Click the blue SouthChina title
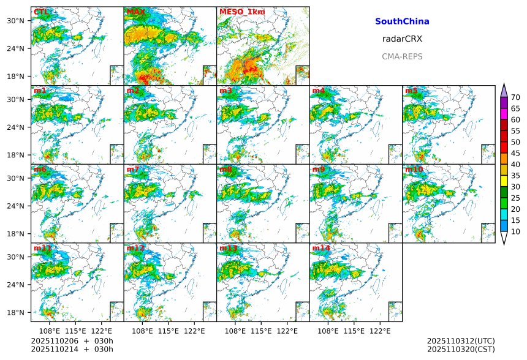click(402, 21)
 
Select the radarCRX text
click(402, 39)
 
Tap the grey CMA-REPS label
click(402, 56)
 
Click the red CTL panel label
click(41, 12)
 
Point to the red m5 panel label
click(411, 91)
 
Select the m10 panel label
click(414, 170)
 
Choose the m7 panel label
click(133, 170)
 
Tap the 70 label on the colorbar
click(515, 97)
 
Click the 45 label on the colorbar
click(515, 153)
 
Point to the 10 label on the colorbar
click(515, 231)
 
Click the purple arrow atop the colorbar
click(504, 90)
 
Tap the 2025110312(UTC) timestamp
click(461, 341)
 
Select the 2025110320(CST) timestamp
click(461, 350)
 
